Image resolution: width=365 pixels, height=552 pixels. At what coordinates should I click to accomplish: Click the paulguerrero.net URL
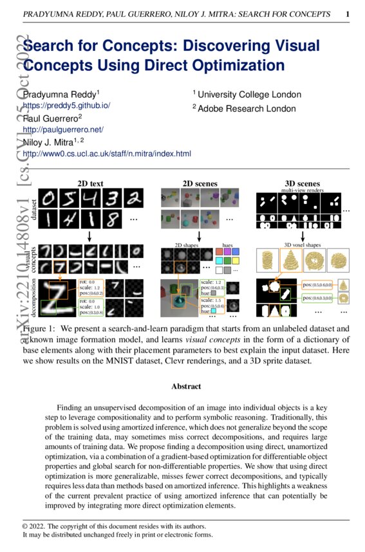coord(63,129)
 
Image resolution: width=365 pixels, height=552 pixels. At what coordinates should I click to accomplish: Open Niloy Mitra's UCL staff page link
coord(107,154)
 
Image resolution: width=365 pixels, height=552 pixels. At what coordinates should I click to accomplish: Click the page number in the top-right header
coord(348,14)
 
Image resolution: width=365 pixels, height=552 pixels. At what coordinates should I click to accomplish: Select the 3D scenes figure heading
coord(302,183)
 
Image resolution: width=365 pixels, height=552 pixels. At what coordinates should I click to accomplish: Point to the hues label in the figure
coord(228,245)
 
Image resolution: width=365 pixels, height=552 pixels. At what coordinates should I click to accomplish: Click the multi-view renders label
coord(302,190)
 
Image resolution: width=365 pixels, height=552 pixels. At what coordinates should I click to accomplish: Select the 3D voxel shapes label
coord(303,244)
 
